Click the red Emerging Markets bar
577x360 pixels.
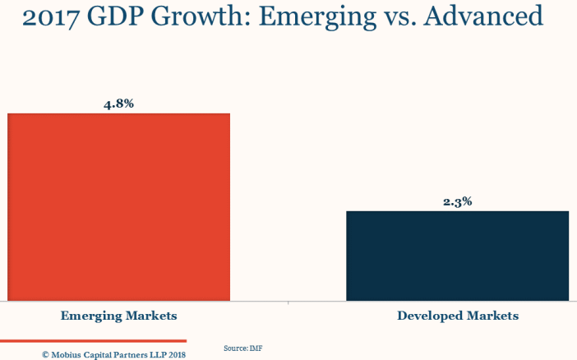point(118,206)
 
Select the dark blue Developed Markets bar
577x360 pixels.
point(457,256)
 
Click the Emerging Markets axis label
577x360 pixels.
point(118,316)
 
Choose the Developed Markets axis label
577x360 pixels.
point(458,316)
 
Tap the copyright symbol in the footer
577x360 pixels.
point(46,355)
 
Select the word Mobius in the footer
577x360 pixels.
point(67,355)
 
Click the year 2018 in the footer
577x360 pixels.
point(177,355)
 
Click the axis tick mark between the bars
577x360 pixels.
point(288,302)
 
